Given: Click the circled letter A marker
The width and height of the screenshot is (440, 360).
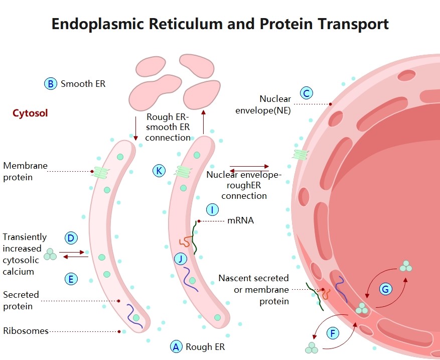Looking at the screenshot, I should coord(176,346).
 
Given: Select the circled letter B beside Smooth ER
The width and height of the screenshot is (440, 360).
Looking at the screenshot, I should coord(50,84).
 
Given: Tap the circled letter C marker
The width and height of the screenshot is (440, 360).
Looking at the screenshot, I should coord(306,93).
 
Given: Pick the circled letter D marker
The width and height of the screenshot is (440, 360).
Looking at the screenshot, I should coord(71,237).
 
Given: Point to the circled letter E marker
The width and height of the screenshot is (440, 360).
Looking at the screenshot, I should coord(71,279).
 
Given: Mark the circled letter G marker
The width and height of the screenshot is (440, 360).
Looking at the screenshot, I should coord(385,289).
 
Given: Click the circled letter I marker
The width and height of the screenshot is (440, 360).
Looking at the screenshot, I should coord(212,209).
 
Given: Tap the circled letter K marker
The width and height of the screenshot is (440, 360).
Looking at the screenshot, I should coord(159,171).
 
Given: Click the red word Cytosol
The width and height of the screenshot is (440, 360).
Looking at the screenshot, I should coord(30,113).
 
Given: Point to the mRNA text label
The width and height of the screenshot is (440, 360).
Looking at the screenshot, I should coord(240,220).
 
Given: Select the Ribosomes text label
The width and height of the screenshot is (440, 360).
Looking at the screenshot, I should coord(26,331).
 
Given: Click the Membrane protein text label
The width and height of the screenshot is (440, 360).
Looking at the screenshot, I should coord(25,171).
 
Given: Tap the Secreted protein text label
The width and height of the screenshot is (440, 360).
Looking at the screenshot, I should coord(21,300).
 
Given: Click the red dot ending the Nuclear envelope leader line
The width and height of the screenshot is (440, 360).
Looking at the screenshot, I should coord(330,104).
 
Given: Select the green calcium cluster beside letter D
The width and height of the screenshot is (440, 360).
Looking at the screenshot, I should coord(50,255).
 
